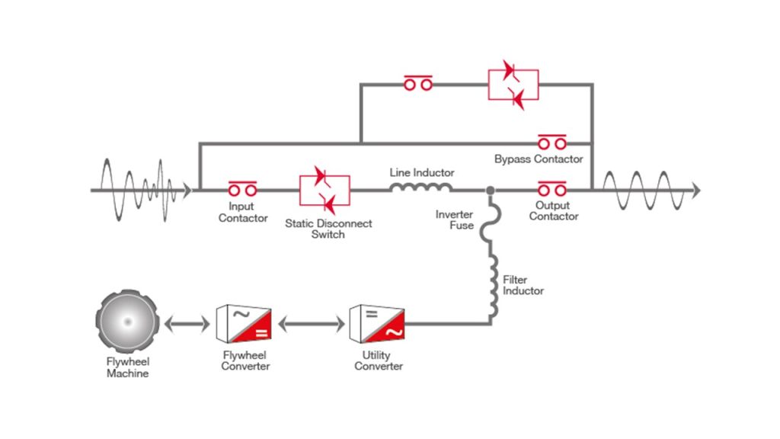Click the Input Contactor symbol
tap(243, 188)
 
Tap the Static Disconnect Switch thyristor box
tap(324, 191)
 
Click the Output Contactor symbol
tap(552, 188)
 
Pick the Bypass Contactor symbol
tap(552, 142)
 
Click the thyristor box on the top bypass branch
tap(513, 85)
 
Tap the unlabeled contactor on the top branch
tap(418, 83)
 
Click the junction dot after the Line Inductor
tap(490, 190)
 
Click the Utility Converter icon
tap(377, 323)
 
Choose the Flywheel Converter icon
tap(245, 323)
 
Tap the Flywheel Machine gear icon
tap(127, 322)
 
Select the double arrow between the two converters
tap(311, 324)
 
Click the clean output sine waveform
tap(647, 190)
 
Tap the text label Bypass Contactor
tap(539, 159)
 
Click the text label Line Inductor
tap(422, 172)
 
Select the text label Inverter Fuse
tap(455, 219)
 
